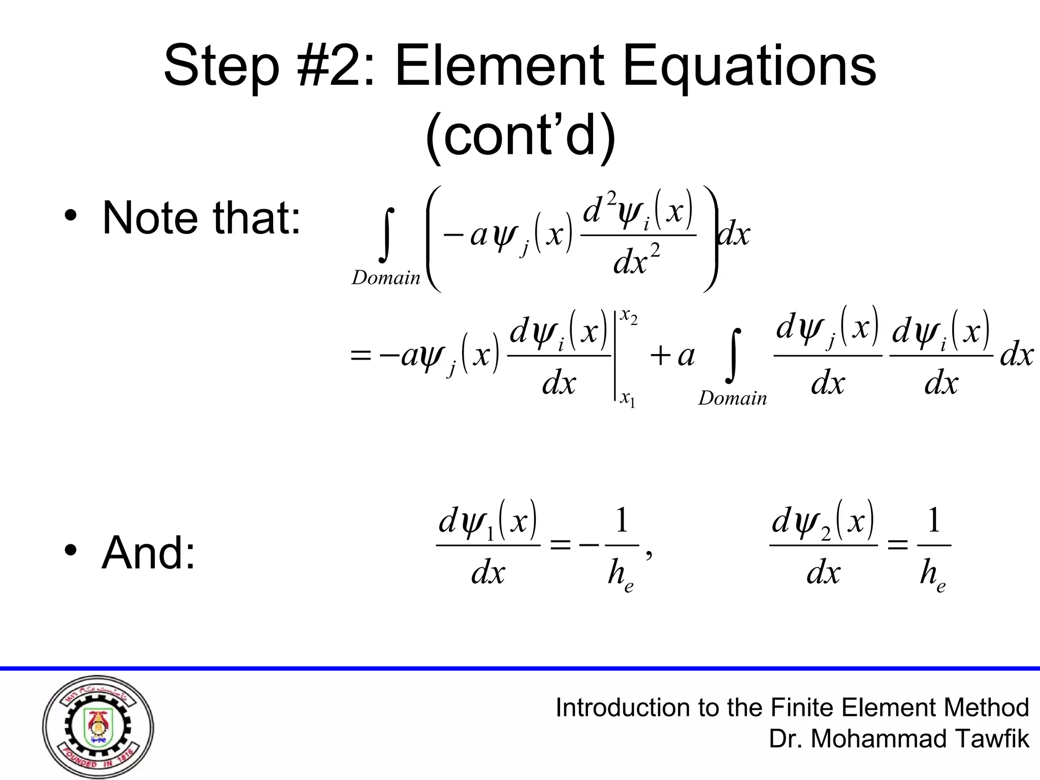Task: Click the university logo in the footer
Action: (97, 727)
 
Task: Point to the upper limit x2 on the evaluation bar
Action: (629, 318)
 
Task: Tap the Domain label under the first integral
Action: (386, 278)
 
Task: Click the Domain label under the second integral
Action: (732, 398)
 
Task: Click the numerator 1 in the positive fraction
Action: (934, 522)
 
